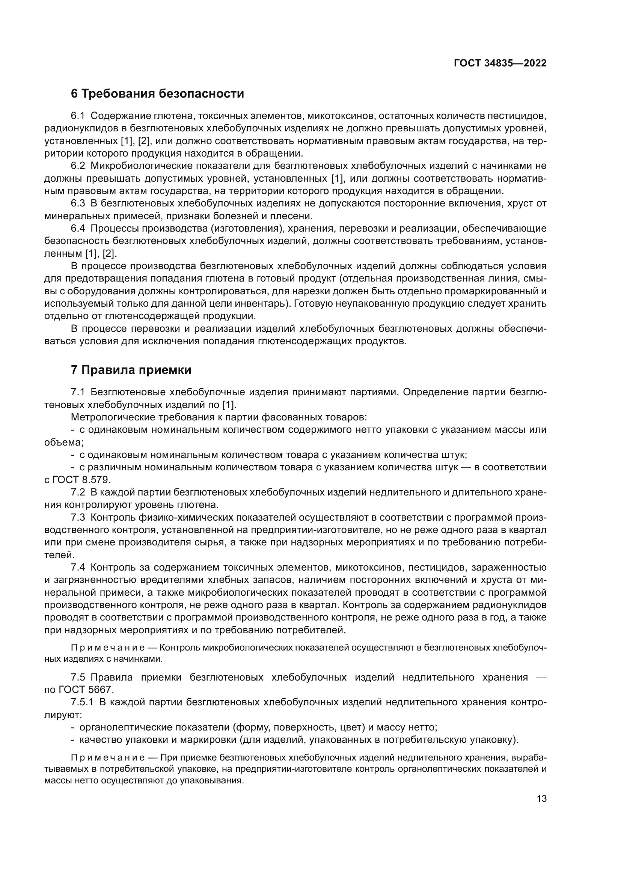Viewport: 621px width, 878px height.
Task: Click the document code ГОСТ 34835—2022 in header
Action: click(500, 63)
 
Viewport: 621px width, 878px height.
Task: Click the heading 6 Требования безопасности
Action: click(157, 94)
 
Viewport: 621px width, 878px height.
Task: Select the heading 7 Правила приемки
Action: click(131, 370)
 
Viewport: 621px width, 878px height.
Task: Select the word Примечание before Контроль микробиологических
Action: click(108, 648)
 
